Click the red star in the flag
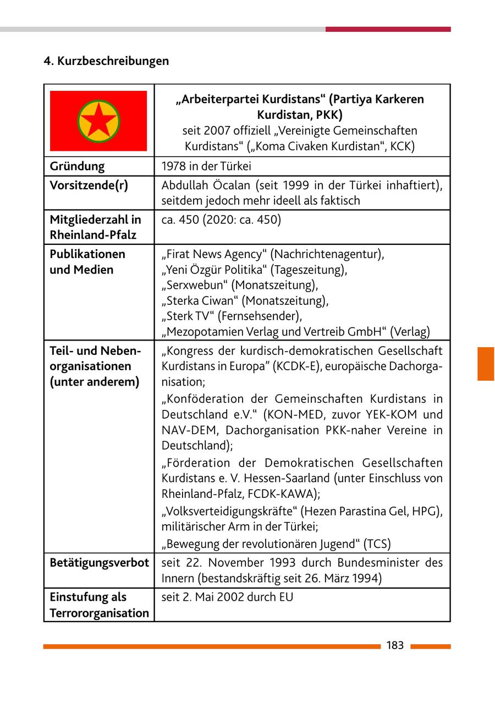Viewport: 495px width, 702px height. [x=98, y=121]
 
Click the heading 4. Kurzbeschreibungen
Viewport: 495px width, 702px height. [x=106, y=61]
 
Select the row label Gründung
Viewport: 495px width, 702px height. [x=77, y=166]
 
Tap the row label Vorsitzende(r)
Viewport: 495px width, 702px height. [x=89, y=185]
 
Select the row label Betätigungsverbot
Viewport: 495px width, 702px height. [x=99, y=563]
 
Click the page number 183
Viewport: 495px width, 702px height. [x=395, y=645]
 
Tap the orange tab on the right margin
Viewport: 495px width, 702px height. [x=486, y=364]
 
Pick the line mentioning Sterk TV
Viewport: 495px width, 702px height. [x=232, y=316]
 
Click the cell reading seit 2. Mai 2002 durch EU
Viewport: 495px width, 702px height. [x=227, y=597]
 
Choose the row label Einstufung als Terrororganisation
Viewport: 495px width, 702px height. [x=99, y=605]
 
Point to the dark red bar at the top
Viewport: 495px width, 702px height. [x=388, y=29]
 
